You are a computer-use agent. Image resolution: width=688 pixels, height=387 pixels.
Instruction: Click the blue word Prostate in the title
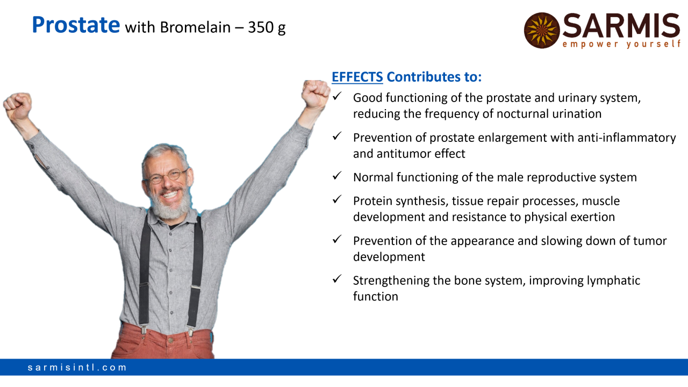pos(76,25)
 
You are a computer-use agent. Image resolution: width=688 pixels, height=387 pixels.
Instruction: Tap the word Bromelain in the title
pos(195,27)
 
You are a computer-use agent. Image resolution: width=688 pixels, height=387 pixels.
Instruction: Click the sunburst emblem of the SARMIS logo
pos(542,31)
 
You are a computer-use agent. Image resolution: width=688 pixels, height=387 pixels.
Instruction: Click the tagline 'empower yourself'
pos(622,44)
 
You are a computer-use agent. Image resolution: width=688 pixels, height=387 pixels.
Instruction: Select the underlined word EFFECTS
pos(357,77)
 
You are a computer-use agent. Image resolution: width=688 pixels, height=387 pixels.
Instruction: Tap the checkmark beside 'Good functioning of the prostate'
pos(337,96)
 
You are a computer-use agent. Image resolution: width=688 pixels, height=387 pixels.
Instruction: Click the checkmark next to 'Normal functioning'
pos(337,176)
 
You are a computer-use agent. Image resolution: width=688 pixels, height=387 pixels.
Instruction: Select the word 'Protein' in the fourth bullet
pos(373,201)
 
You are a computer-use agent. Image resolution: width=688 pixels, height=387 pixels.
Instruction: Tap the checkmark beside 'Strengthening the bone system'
pos(337,279)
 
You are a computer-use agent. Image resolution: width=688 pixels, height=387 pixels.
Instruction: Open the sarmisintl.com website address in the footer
pos(77,367)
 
